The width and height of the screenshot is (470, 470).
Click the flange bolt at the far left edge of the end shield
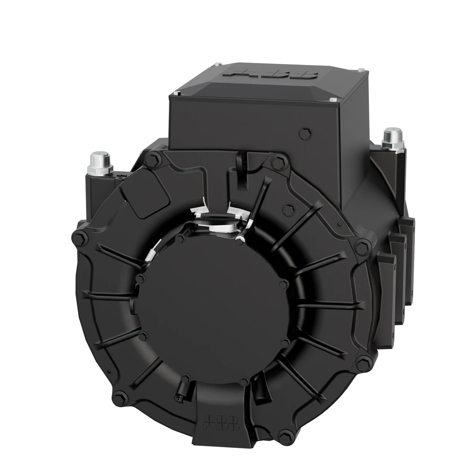pyautogui.click(x=77, y=239)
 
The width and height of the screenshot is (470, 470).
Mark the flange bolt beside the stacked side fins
pyautogui.click(x=361, y=246)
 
